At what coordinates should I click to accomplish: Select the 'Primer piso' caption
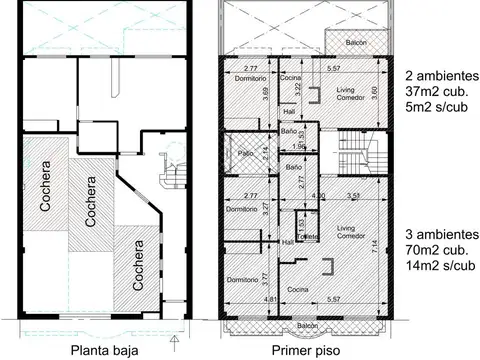coord(304,350)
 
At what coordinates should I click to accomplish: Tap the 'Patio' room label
coord(245,153)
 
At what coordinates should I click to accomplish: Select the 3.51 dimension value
coord(352,196)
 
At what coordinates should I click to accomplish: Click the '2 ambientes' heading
coord(441,76)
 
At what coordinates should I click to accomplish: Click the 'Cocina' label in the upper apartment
coord(290,78)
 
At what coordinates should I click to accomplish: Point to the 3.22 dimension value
coord(297,89)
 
